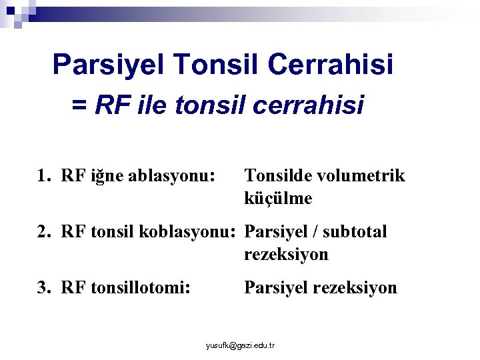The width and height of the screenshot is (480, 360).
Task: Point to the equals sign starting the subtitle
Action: (x=79, y=105)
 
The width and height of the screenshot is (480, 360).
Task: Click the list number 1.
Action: (x=43, y=176)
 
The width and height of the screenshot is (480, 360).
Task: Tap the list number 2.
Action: (x=43, y=232)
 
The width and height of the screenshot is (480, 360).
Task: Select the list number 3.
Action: (x=43, y=288)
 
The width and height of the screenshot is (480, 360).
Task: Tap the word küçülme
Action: (x=278, y=199)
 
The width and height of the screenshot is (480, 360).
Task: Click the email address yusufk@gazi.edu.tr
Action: (x=241, y=345)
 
